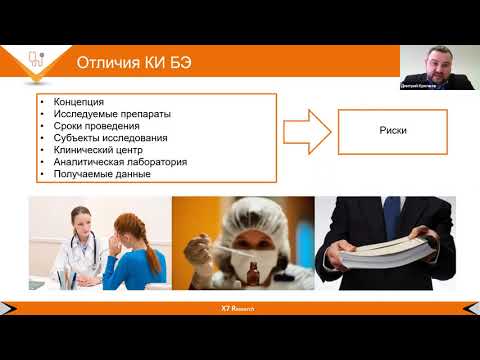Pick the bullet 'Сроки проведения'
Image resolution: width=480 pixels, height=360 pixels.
[x=84, y=126]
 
